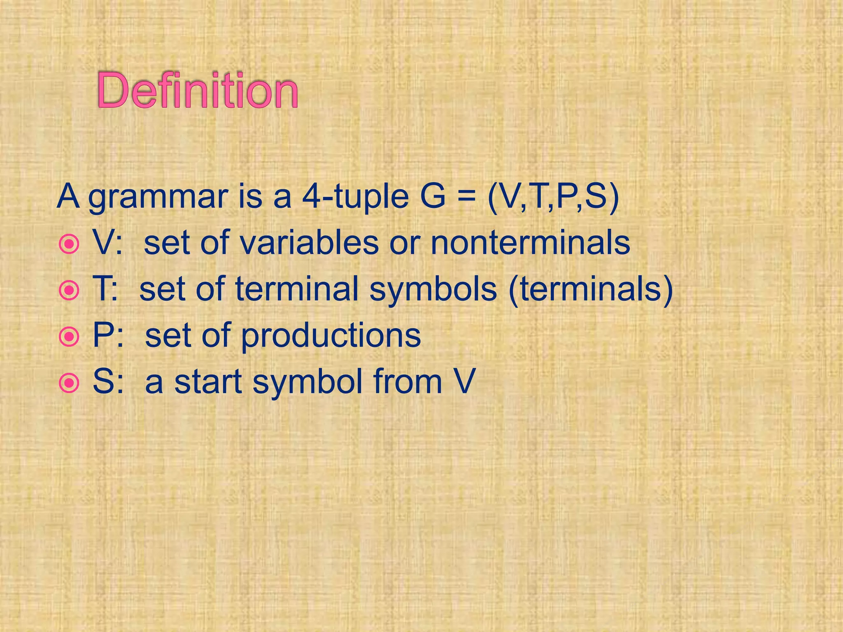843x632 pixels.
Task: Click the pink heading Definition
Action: coord(198,90)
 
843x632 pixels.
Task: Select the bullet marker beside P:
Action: coord(68,337)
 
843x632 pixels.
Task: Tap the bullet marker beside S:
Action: coord(68,384)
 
